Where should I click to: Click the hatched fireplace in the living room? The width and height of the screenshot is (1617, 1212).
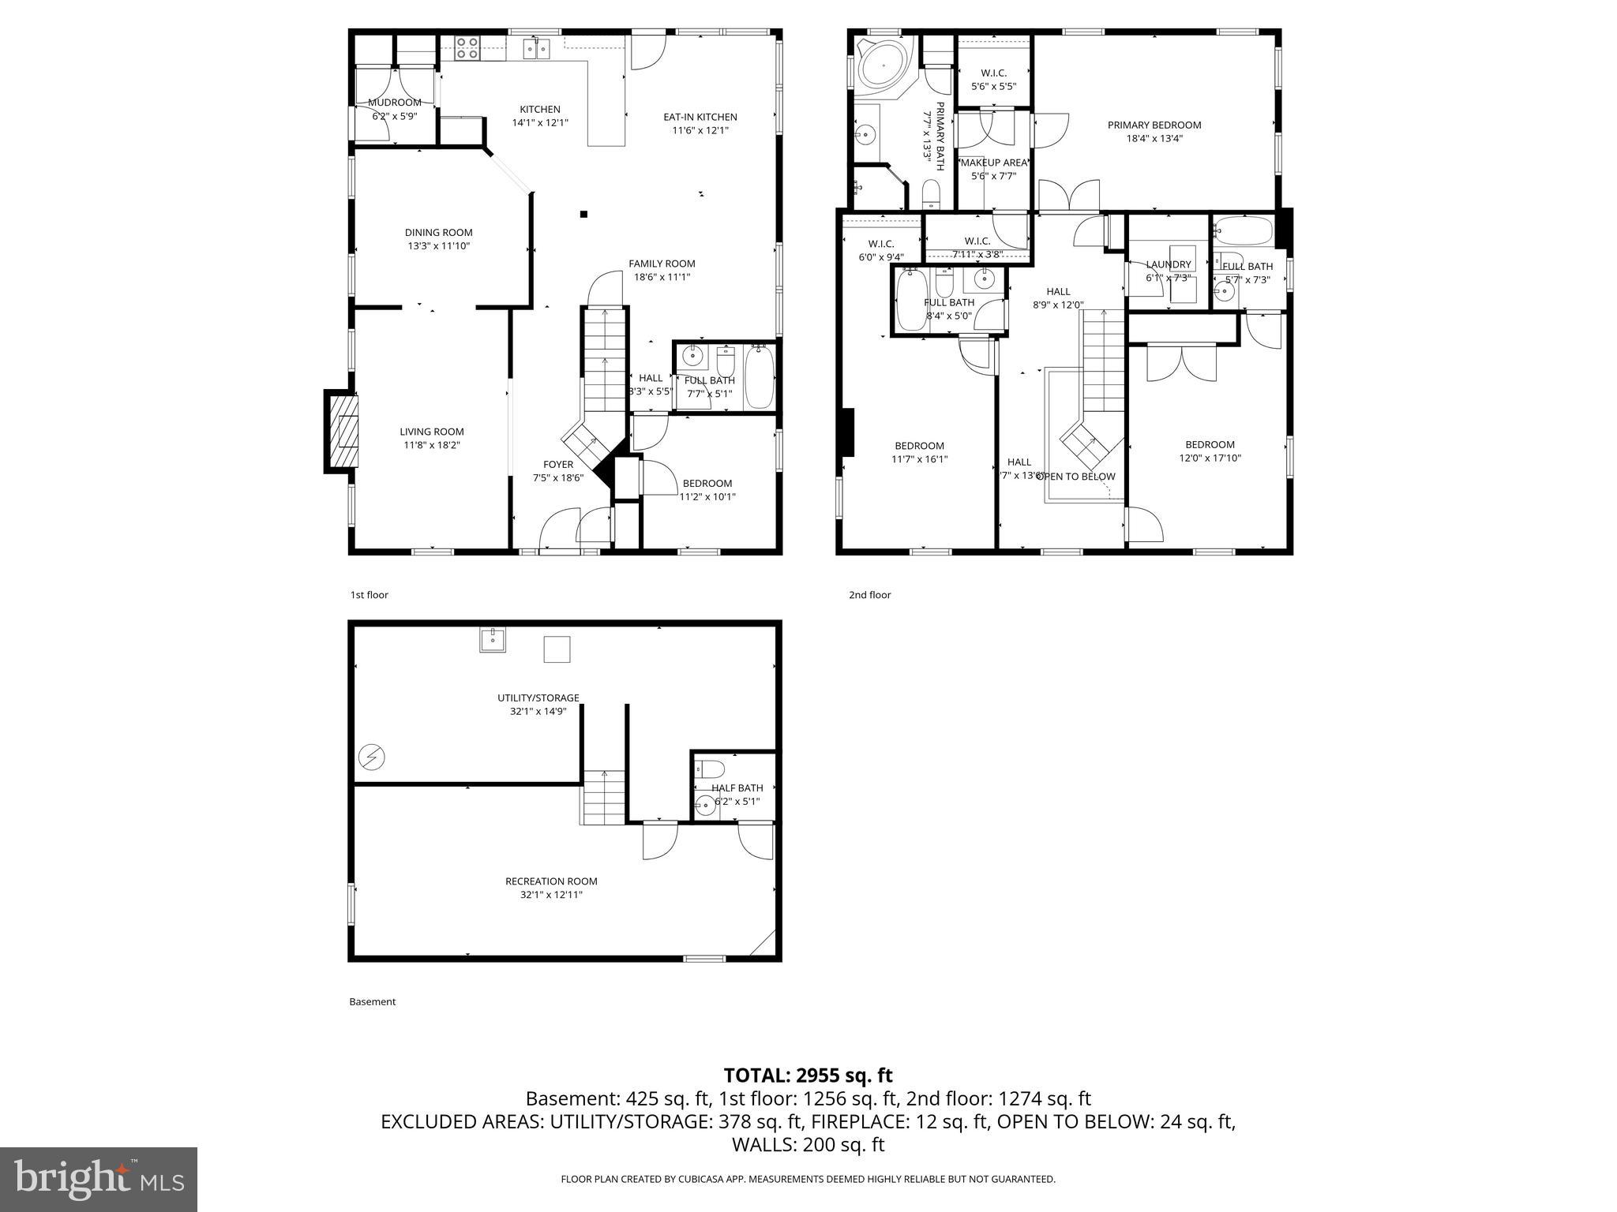(343, 432)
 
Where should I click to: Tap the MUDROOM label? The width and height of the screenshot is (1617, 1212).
(394, 103)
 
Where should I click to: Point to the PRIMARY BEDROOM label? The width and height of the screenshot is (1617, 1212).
(1154, 125)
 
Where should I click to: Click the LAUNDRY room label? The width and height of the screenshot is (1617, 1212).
(1168, 264)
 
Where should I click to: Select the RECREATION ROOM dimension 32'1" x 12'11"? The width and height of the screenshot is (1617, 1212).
(551, 894)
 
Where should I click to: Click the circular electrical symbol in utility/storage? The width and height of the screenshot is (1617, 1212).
(371, 757)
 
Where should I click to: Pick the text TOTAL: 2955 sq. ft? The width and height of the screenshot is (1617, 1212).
(808, 1075)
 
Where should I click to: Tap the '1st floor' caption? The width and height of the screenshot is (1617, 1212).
(369, 595)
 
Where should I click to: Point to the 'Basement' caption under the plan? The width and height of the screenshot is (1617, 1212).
(372, 1001)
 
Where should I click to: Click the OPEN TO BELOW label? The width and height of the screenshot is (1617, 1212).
(1075, 476)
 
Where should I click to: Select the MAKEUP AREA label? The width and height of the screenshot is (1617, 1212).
(993, 163)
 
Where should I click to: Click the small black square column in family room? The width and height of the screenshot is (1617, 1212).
(583, 214)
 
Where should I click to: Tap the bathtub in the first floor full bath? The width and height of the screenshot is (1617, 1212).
(760, 376)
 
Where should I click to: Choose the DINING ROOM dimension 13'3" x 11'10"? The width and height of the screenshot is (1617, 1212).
(438, 245)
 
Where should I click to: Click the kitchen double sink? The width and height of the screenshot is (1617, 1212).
(538, 50)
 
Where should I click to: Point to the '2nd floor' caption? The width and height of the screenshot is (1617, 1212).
(869, 595)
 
